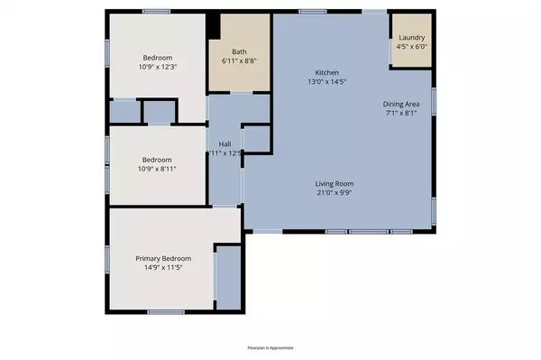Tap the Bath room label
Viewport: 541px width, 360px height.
click(x=238, y=51)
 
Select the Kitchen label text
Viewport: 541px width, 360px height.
click(x=326, y=72)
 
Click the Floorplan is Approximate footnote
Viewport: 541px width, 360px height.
click(x=270, y=347)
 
